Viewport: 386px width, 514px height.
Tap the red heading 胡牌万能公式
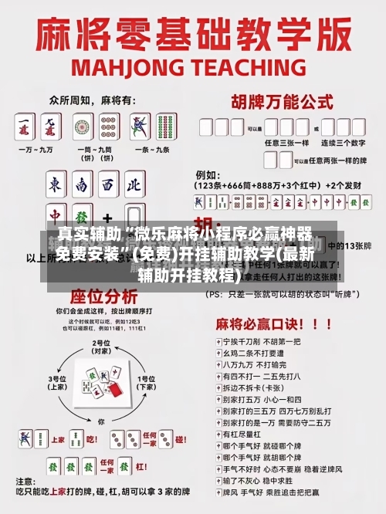[276, 102]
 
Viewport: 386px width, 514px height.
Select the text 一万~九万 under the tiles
[38, 147]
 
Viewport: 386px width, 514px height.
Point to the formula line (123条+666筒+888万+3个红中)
[259, 185]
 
